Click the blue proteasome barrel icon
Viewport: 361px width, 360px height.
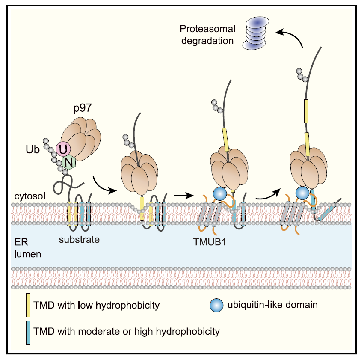tap(257, 33)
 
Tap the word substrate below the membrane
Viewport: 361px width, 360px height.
tap(79, 239)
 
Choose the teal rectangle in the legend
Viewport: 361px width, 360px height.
tap(28, 330)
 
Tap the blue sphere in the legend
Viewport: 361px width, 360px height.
tap(216, 305)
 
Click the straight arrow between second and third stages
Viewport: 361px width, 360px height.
tap(182, 194)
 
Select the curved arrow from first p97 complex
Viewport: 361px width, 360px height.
tap(104, 184)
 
